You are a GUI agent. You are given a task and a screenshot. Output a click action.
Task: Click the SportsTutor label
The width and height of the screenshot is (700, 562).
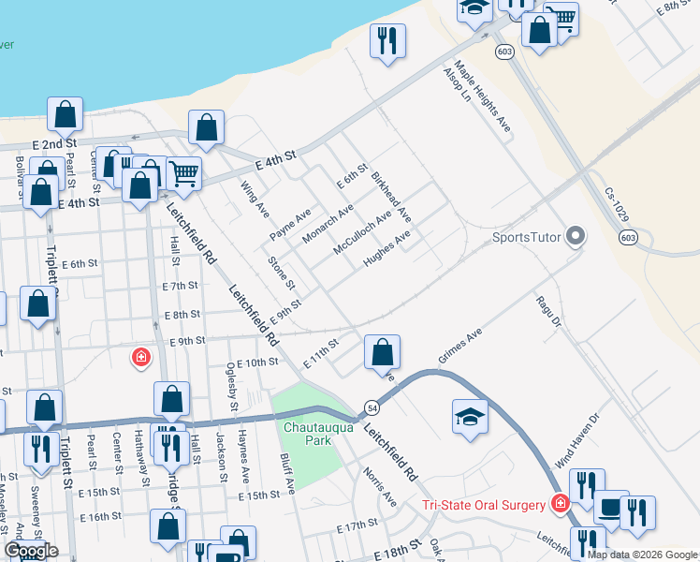[528, 237]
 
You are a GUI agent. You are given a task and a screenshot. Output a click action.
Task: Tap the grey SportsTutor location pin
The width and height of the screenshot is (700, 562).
[576, 236]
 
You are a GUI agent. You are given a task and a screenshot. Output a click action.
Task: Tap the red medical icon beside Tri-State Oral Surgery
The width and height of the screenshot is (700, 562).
[560, 504]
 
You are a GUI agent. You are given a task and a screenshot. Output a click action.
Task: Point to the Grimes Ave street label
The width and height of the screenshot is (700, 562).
[459, 346]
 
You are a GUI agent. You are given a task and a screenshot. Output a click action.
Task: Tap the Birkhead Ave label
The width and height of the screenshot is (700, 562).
[390, 196]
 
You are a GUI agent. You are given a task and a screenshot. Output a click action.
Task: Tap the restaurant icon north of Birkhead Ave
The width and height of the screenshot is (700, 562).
[386, 40]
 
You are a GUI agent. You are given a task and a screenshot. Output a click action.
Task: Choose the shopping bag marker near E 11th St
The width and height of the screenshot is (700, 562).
[382, 353]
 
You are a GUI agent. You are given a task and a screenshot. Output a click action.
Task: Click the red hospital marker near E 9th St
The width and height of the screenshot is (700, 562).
[140, 357]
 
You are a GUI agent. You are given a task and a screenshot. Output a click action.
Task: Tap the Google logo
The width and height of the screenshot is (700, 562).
[31, 551]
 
